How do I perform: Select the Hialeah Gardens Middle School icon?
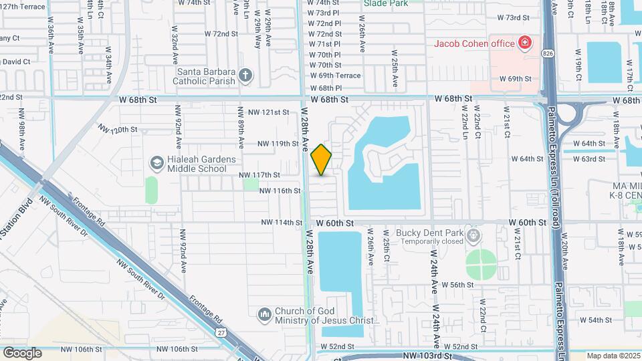point(156,163)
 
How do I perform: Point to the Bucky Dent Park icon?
point(473,236)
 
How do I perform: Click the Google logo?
point(22,352)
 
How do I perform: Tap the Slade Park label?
point(385,3)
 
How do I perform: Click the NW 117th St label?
point(259,175)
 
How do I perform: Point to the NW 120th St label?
point(118,128)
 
